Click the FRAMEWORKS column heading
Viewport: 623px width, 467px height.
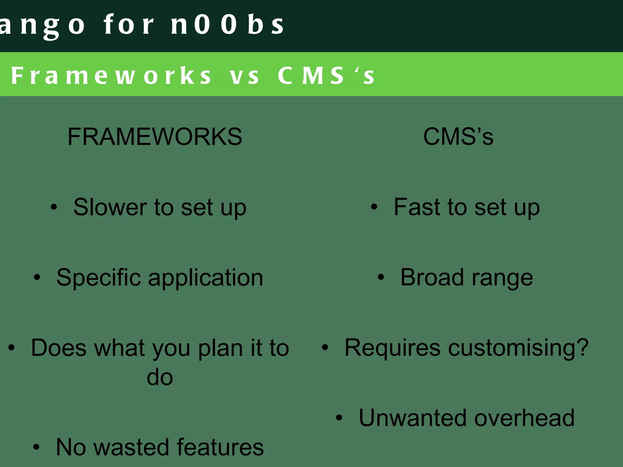155,137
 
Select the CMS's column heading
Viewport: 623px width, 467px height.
458,137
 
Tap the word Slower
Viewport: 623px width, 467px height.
110,207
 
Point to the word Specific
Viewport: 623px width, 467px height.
99,278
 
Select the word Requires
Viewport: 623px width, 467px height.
392,348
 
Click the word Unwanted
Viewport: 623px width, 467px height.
412,418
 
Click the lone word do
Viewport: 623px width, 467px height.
160,377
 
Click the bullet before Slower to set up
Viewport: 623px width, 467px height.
54,207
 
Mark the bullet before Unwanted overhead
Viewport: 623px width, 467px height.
339,418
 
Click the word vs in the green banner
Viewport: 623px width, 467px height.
245,75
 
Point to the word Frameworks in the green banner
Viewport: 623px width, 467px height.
111,75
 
